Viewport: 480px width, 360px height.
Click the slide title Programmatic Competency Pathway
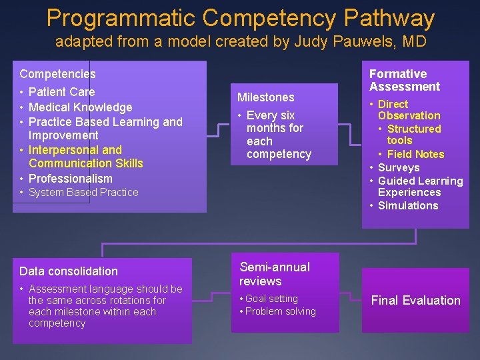pyautogui.click(x=240, y=18)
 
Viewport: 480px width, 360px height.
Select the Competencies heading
pyautogui.click(x=57, y=74)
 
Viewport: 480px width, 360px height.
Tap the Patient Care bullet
pyautogui.click(x=61, y=92)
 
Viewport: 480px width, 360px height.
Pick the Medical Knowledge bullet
pyautogui.click(x=80, y=107)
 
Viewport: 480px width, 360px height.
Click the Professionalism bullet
pyautogui.click(x=70, y=179)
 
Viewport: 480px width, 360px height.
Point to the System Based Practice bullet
pyautogui.click(x=83, y=193)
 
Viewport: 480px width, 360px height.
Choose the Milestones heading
pyautogui.click(x=265, y=97)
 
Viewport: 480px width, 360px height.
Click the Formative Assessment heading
pyautogui.click(x=405, y=80)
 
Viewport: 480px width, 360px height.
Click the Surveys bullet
pyautogui.click(x=398, y=168)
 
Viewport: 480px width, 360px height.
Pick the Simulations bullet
pyautogui.click(x=407, y=206)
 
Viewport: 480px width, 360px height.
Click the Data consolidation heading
pyautogui.click(x=68, y=271)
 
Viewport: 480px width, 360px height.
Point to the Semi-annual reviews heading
pyautogui.click(x=275, y=274)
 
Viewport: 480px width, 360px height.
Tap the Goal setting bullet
pyautogui.click(x=271, y=299)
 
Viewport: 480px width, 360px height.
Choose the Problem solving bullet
pyautogui.click(x=280, y=311)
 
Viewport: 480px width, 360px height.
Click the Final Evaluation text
pyautogui.click(x=415, y=301)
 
